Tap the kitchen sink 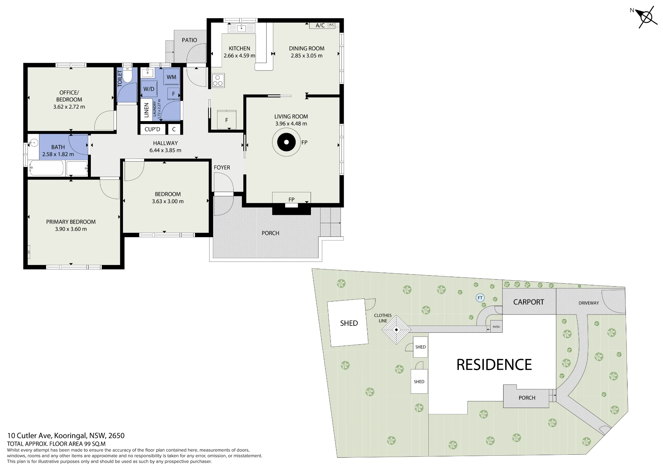pos(242,28)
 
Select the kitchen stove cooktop pos(218,80)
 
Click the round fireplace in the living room pos(286,142)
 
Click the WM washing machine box pos(171,77)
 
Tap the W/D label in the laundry pos(149,89)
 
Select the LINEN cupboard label pos(146,110)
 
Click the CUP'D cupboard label pos(152,129)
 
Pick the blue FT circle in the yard pos(480,298)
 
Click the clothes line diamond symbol pos(396,330)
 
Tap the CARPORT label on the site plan pos(529,302)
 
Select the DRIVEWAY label pos(589,303)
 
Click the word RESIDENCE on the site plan pos(494,365)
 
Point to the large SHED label pos(349,323)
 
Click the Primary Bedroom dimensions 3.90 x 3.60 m pos(71,229)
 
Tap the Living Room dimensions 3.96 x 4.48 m pos(291,124)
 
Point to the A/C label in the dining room pos(320,26)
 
